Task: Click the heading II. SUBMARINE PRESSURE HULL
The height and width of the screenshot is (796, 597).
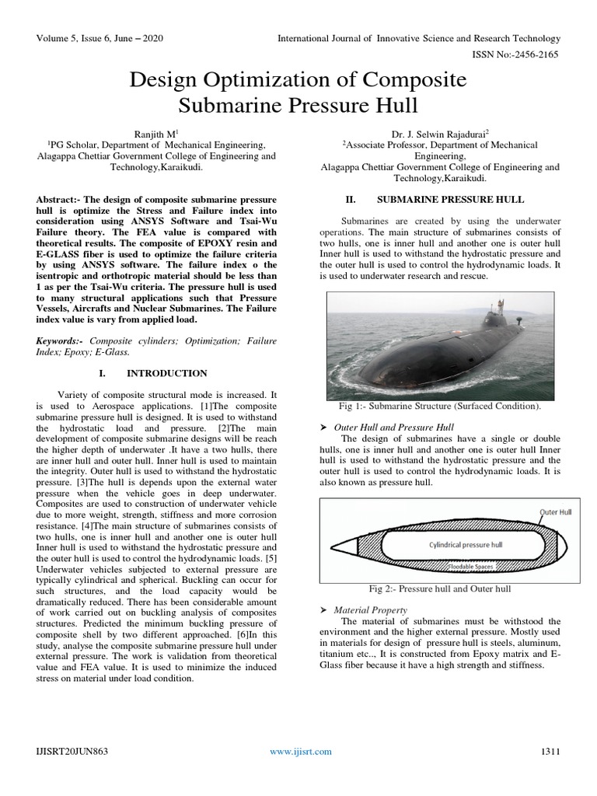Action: click(x=439, y=200)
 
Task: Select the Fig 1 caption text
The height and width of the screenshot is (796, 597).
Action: click(x=439, y=407)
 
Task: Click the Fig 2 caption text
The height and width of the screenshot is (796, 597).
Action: click(x=439, y=588)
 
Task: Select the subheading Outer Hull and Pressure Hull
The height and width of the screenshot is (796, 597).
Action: click(x=393, y=428)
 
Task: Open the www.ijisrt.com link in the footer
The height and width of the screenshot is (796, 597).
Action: click(x=300, y=751)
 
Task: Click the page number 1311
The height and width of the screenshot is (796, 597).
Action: click(x=550, y=751)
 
